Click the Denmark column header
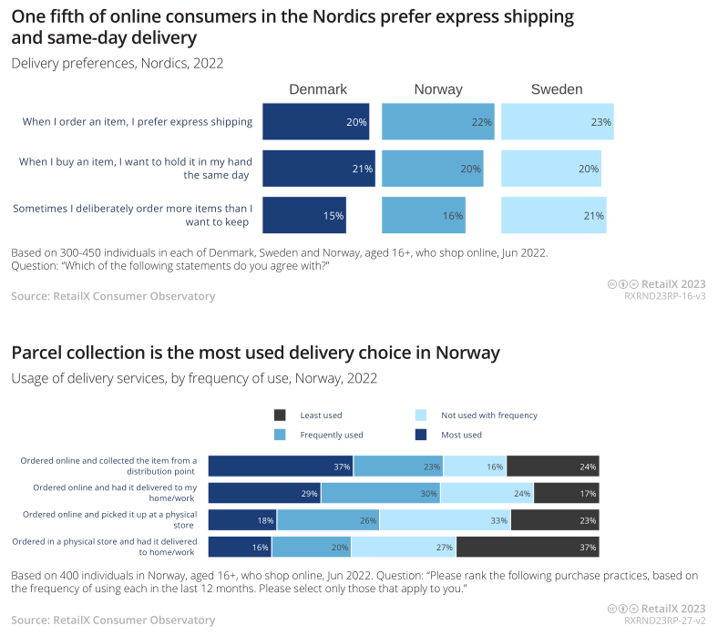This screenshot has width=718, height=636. [318, 89]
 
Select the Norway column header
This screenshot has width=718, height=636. [438, 89]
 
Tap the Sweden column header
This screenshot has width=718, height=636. [557, 89]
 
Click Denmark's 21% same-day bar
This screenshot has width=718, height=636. [318, 169]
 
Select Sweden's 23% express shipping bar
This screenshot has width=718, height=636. [557, 122]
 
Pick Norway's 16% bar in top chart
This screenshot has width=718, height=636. [423, 216]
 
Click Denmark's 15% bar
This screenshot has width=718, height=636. [303, 216]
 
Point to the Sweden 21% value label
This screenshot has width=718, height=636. [594, 216]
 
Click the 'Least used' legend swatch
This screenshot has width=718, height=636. [281, 415]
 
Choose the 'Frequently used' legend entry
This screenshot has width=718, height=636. [332, 436]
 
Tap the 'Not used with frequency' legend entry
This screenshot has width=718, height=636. [489, 415]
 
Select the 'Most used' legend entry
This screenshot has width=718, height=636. [462, 436]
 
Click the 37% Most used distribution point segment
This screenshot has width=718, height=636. [281, 467]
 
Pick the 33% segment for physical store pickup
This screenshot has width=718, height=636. [446, 520]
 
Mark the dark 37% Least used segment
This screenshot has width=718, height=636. [528, 547]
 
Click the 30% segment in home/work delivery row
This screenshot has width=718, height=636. [382, 494]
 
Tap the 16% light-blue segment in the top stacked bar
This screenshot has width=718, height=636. [475, 467]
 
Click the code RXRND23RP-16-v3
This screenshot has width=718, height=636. [664, 296]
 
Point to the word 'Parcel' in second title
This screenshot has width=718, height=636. [37, 352]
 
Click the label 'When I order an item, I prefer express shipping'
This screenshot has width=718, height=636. [138, 122]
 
